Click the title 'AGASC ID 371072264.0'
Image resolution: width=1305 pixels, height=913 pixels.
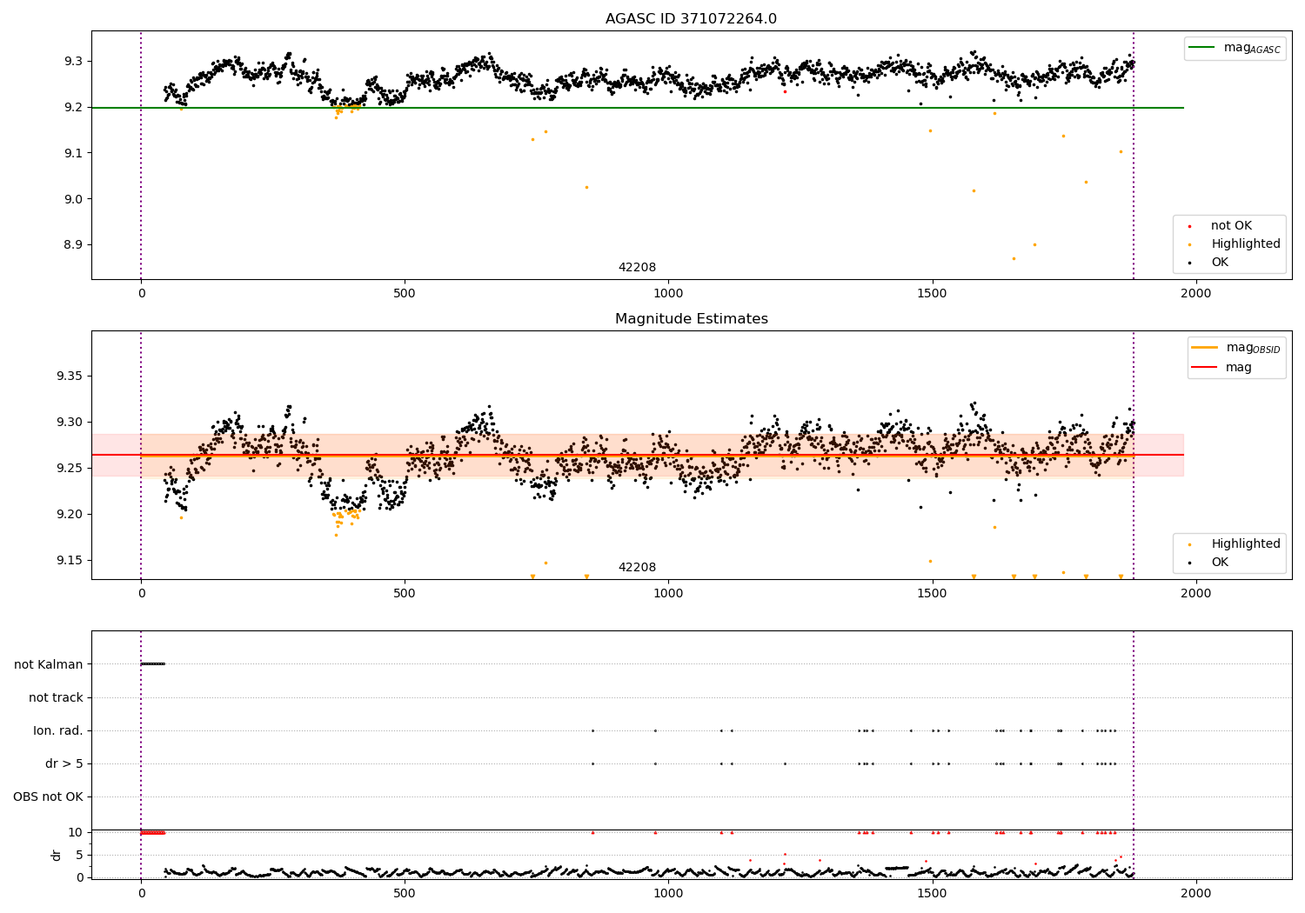[691, 19]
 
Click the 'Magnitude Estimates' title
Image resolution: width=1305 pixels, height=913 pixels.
[691, 319]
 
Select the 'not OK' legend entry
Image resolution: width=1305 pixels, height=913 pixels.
[1231, 226]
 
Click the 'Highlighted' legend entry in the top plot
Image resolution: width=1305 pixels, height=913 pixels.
[1245, 244]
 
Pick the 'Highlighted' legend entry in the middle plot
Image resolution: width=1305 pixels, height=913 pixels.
[1245, 544]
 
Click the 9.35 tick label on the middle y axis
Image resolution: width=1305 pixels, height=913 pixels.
[68, 377]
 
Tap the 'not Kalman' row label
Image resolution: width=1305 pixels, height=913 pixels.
[49, 664]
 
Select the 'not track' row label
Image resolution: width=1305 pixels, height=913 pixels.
[56, 697]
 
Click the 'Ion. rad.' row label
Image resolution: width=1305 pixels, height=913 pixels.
[58, 730]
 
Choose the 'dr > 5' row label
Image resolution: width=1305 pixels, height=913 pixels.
[64, 763]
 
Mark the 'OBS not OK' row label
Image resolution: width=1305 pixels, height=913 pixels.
[48, 796]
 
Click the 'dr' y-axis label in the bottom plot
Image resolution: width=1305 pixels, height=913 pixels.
[57, 855]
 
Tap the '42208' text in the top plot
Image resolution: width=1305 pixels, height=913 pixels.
[637, 268]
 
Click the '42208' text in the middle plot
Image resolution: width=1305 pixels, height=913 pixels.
[637, 568]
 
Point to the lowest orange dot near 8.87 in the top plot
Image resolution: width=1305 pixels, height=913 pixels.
[1013, 258]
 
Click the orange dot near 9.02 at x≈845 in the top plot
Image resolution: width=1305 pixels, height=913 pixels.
[586, 187]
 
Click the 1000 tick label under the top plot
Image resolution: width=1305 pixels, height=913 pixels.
[668, 294]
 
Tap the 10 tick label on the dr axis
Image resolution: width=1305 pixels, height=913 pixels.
[75, 832]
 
